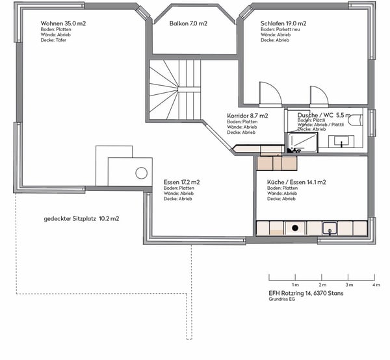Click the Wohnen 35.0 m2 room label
coord(63,23)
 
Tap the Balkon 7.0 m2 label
coord(188,23)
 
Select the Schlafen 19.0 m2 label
coord(283,23)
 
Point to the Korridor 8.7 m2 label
coord(248,116)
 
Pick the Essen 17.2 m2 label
coord(181,182)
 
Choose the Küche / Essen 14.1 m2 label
coord(296,182)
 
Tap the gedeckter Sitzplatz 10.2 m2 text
coord(81,219)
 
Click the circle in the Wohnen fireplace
coord(141,173)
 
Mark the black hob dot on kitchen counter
coord(295,227)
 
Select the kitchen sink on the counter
coord(330,229)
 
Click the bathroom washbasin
coord(341,142)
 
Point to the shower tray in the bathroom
coord(303,142)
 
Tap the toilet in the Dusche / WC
coord(355,120)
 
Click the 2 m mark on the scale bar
coord(322,277)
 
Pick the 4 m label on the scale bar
coord(376,285)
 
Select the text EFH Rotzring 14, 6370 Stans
coord(306,293)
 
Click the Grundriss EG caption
coord(282,299)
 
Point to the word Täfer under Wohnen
coord(61,40)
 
